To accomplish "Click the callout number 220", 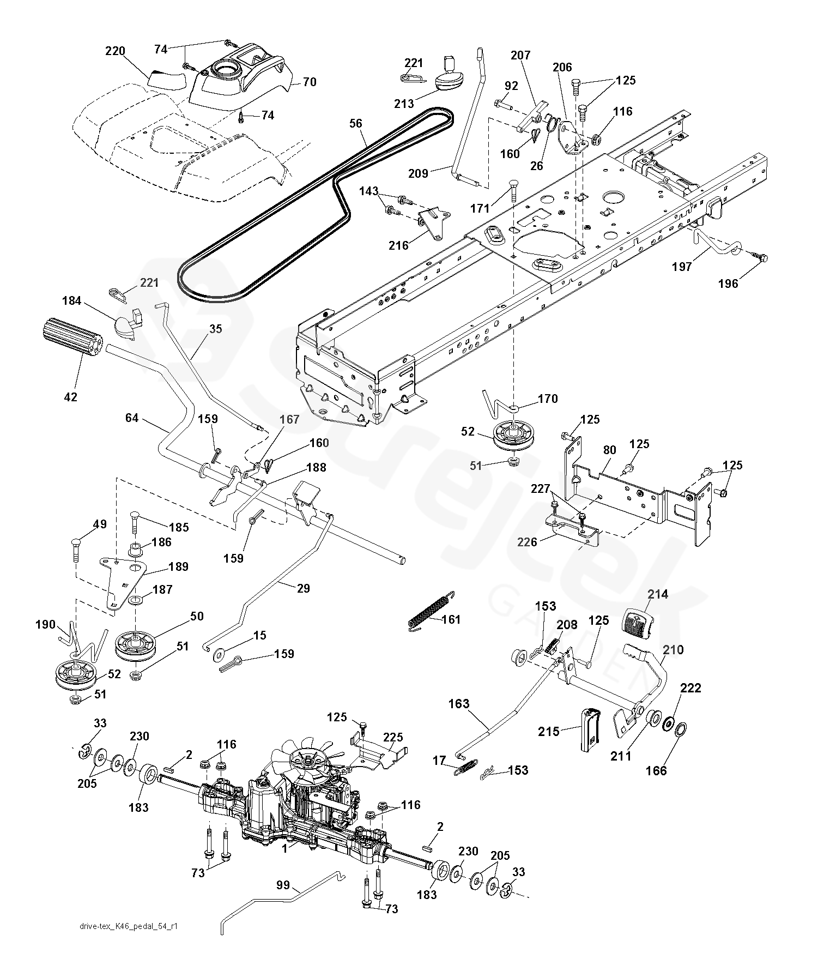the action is coord(115,52).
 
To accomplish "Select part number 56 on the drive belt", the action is coord(356,124).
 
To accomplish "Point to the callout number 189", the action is coord(178,566).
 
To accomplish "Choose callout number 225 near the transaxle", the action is coord(393,738).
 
